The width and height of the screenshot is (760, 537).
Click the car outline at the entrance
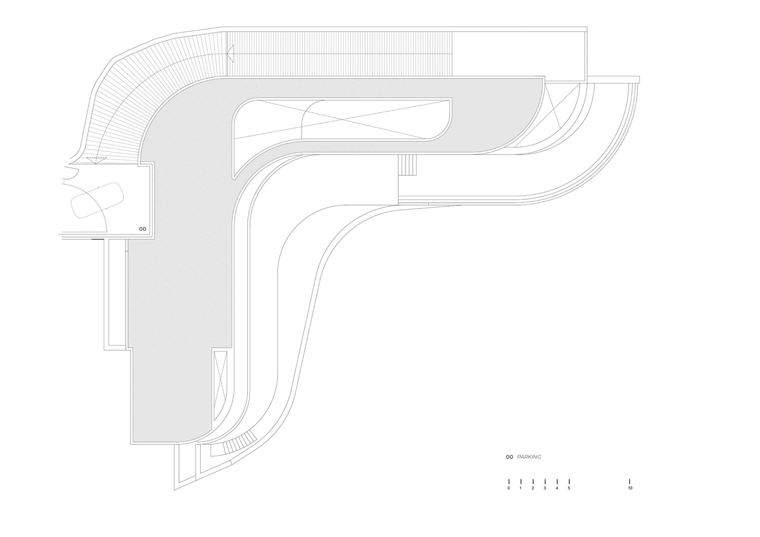[97, 201]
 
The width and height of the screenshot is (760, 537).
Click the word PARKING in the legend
[529, 457]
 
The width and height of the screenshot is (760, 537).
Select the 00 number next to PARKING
[509, 457]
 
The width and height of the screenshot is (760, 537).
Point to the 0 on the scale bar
[509, 488]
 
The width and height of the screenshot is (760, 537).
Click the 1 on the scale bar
[521, 488]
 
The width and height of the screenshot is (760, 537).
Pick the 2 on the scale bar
[533, 488]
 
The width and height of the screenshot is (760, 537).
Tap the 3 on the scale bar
[545, 488]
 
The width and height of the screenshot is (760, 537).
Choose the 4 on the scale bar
[557, 488]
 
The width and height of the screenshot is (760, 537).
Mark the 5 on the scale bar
[569, 488]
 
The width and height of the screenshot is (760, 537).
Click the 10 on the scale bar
[630, 488]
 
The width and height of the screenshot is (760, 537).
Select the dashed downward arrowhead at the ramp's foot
[97, 160]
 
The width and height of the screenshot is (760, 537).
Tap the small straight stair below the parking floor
[407, 165]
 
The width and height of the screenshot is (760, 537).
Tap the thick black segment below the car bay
[98, 239]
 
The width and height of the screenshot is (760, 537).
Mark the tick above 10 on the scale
[630, 482]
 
